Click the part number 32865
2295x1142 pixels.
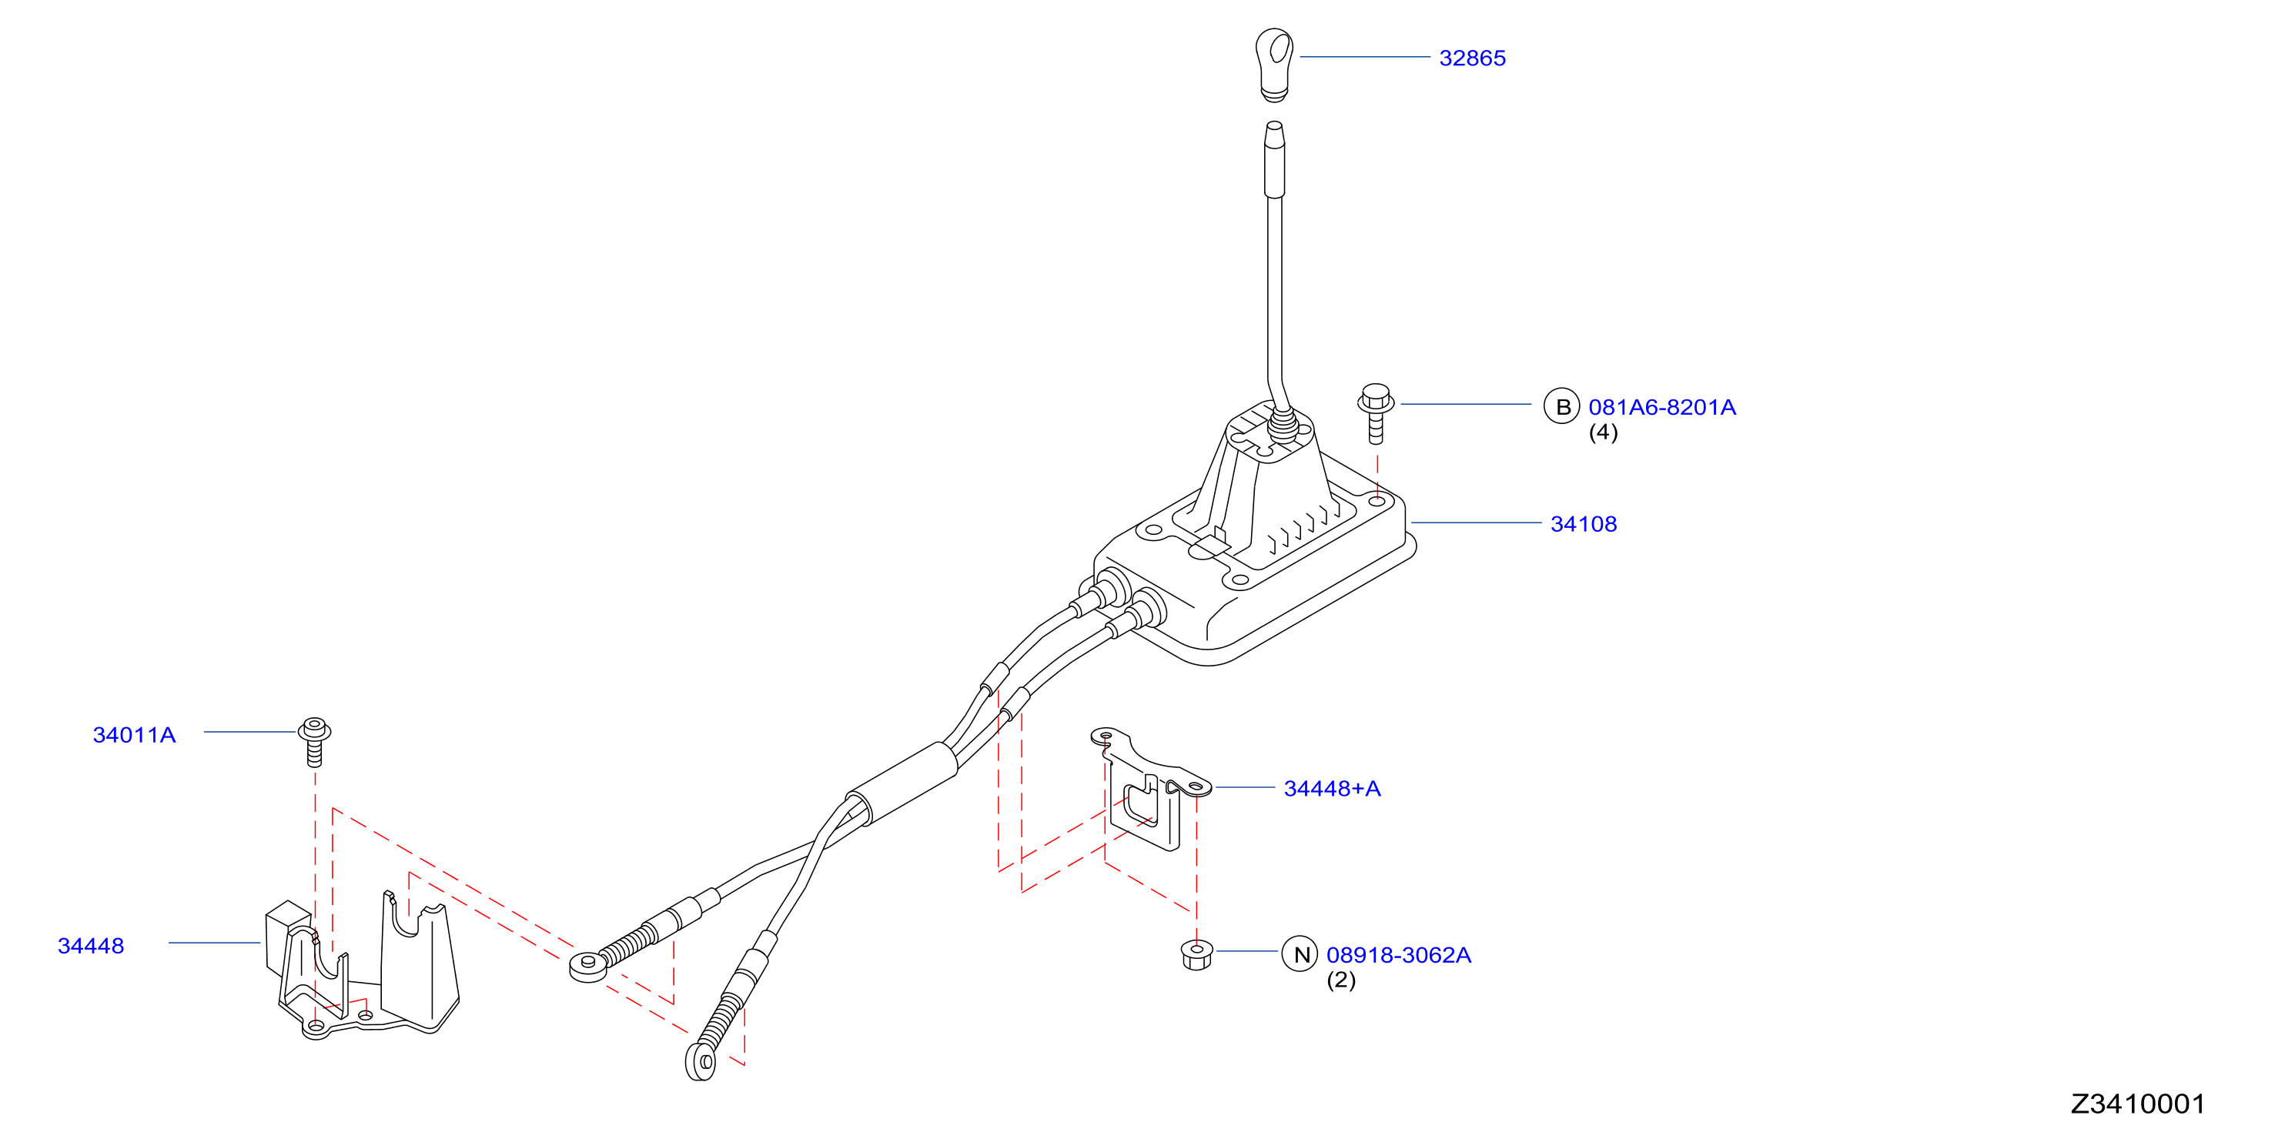[1472, 58]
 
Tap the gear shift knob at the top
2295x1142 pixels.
[1274, 63]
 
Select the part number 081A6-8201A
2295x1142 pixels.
[1661, 407]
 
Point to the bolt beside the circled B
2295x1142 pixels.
[1376, 413]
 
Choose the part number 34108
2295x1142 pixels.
[1583, 524]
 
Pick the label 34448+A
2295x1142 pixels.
[1332, 788]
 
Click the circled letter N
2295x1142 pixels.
[1300, 954]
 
